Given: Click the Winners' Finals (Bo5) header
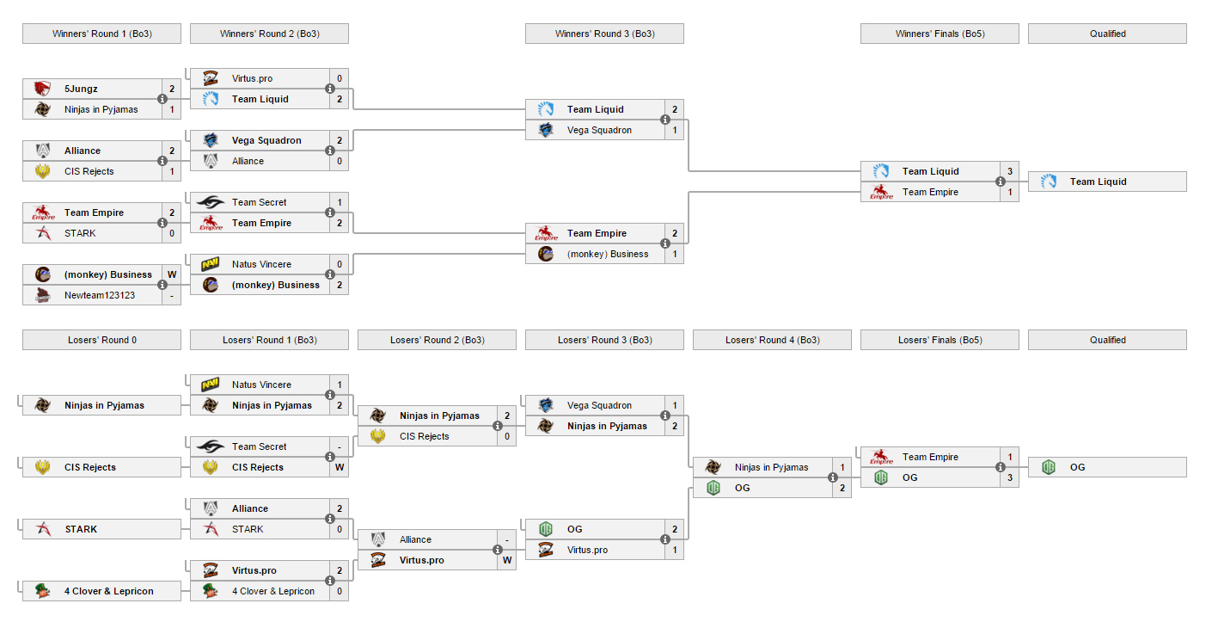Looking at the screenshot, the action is coord(940,34).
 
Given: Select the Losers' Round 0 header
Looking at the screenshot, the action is coord(101,340).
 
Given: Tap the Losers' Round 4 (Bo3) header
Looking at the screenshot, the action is coord(772,340).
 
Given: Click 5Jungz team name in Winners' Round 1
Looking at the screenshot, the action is coord(81,89).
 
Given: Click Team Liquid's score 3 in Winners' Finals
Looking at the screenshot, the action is coord(1010,171).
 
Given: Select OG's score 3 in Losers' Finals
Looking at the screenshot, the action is coord(1010,477).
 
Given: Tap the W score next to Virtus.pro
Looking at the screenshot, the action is coord(507,560).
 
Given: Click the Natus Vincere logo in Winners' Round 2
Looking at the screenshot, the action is coord(210,264).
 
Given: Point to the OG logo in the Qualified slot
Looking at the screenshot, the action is coord(1049,467).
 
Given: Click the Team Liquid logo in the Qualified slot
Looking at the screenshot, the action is coord(1049,182).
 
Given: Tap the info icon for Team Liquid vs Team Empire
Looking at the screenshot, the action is coord(1001,182).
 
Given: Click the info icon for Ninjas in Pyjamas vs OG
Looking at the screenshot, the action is coord(833,477).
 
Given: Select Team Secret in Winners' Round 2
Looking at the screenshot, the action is coord(260,202).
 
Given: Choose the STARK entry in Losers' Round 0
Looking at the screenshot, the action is coord(101,529).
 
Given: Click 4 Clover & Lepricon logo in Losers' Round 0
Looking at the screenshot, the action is coord(43,591).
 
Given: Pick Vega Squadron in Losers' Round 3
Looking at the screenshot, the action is coord(599,405).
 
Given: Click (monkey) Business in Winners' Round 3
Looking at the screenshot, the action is coord(608,254).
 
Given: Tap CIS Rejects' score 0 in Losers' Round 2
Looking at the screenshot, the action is coord(507,436).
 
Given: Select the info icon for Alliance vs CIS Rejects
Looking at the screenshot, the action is coord(162,161).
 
